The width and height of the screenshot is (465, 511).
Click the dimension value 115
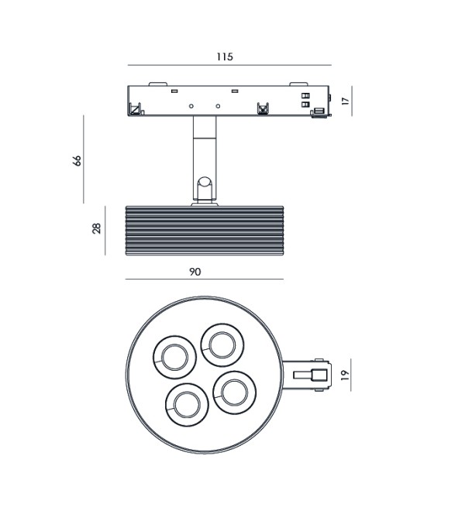tap(225, 57)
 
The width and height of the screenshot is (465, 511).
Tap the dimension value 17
tap(345, 101)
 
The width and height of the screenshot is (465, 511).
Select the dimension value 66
tap(77, 161)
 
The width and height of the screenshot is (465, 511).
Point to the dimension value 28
tap(97, 228)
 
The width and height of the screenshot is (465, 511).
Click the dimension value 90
tap(195, 272)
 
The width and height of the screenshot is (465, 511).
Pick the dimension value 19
tap(345, 375)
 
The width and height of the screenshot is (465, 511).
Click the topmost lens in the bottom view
tap(222, 345)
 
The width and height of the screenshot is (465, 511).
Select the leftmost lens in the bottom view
tap(175, 357)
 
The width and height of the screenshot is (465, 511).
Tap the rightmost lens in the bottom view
tap(234, 393)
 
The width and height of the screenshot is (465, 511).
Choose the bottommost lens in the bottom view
tap(187, 405)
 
